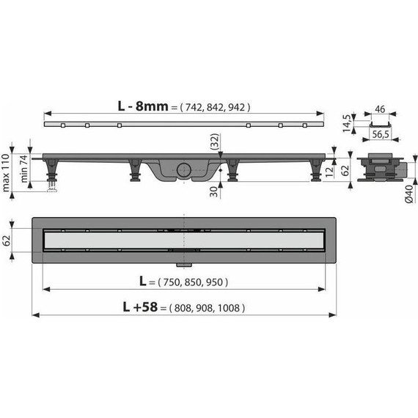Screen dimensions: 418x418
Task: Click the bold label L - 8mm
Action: [x=143, y=106]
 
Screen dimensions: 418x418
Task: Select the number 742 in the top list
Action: [x=194, y=107]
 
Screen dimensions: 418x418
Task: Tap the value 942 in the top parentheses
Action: [x=236, y=107]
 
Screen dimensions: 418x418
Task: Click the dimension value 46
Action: [x=380, y=109]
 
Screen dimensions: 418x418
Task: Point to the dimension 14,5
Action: [x=347, y=123]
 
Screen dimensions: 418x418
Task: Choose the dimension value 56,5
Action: [x=381, y=134]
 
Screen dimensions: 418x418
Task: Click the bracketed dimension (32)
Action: [x=215, y=142]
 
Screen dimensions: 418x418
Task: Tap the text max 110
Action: [x=6, y=172]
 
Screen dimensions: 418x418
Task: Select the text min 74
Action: [x=24, y=169]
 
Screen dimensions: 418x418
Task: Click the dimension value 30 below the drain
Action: [x=213, y=191]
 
